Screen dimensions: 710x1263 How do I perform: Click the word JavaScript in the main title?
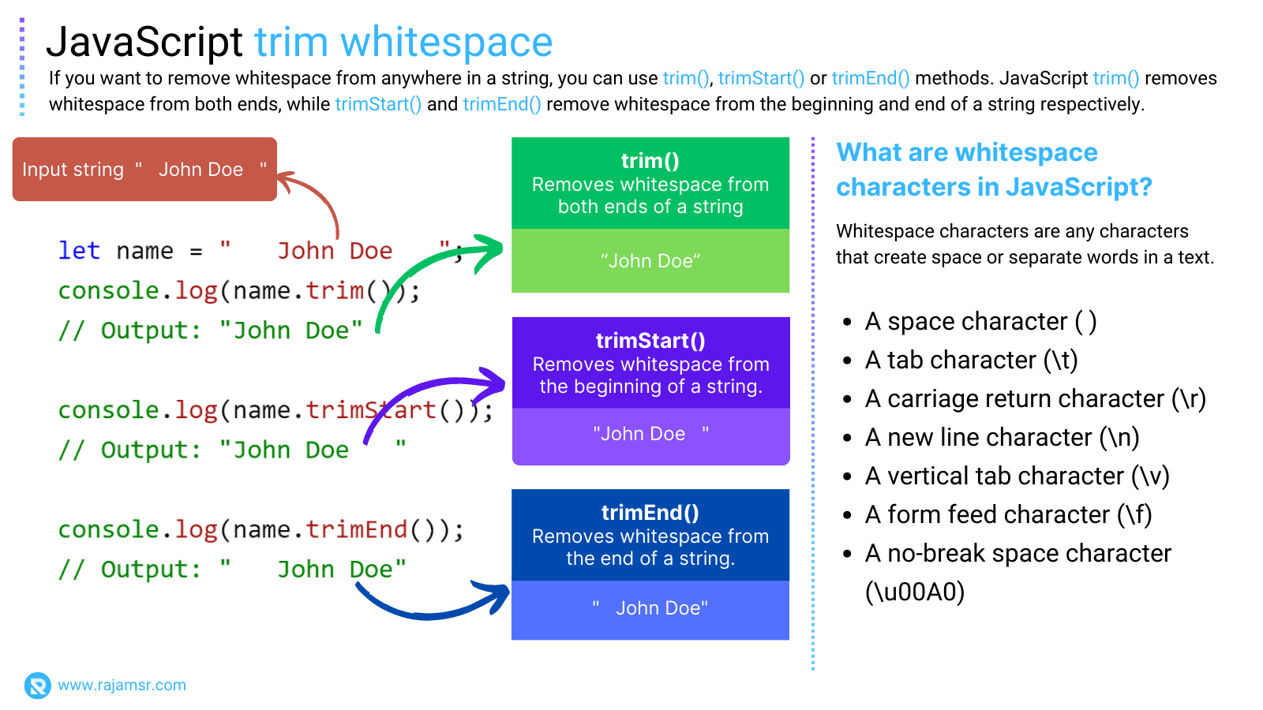144,42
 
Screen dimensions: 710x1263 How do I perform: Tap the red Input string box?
144,169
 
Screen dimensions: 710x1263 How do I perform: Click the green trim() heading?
650,161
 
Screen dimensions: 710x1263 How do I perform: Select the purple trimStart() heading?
650,341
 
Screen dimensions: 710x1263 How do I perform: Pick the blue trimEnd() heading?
650,513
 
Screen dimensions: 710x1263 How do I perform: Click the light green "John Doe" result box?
650,261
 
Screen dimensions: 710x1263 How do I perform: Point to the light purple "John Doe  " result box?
650,435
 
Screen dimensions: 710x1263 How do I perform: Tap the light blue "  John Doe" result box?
650,608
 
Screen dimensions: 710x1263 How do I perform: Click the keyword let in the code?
79,251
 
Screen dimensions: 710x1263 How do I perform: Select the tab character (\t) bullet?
971,361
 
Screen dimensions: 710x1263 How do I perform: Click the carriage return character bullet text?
1035,399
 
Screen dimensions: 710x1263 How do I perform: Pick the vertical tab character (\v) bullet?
1017,476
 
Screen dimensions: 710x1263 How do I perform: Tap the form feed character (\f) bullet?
1008,515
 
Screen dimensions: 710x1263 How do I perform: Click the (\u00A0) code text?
915,592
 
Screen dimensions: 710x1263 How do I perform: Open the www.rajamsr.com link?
122,685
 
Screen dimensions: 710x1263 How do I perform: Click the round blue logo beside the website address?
37,685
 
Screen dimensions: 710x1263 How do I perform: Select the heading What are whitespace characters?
993,170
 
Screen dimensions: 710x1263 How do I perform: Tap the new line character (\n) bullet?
1002,438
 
